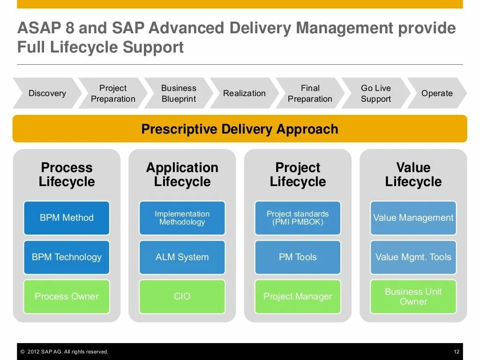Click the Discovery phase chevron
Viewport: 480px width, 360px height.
pyautogui.click(x=47, y=93)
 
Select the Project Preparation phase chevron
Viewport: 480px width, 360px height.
pyautogui.click(x=113, y=93)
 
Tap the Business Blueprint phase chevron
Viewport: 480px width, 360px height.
pyautogui.click(x=179, y=93)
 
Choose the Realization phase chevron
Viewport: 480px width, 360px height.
pyautogui.click(x=244, y=93)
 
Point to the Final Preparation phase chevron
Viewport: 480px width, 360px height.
pyautogui.click(x=310, y=93)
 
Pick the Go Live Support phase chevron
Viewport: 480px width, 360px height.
pyautogui.click(x=376, y=93)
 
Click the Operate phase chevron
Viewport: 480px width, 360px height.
pyautogui.click(x=437, y=93)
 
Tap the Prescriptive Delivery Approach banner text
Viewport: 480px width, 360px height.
pyautogui.click(x=240, y=129)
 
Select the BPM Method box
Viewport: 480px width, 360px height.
pyautogui.click(x=67, y=218)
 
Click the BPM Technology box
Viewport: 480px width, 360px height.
pyautogui.click(x=67, y=257)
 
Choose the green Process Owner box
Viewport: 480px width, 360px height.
pyautogui.click(x=67, y=297)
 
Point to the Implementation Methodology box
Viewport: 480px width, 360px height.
pyautogui.click(x=182, y=218)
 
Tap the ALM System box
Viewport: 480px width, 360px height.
pyautogui.click(x=182, y=257)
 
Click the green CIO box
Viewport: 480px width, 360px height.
pyautogui.click(x=182, y=297)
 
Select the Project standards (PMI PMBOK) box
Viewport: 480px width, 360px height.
pyautogui.click(x=298, y=218)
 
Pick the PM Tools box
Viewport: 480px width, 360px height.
pyautogui.click(x=298, y=257)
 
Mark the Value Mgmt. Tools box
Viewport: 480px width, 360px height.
pyautogui.click(x=413, y=257)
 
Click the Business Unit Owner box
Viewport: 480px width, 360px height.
pyautogui.click(x=413, y=297)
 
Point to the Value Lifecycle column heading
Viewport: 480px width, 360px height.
pyautogui.click(x=413, y=174)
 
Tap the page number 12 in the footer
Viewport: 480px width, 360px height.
pyautogui.click(x=457, y=352)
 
